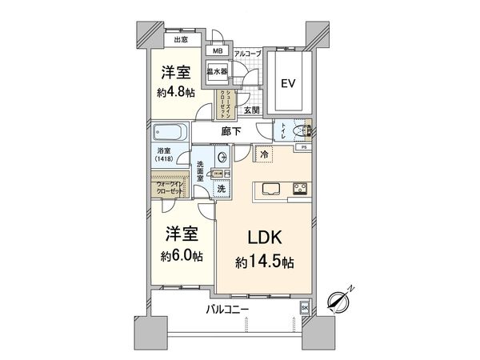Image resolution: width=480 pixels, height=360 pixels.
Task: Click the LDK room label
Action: coord(263,238)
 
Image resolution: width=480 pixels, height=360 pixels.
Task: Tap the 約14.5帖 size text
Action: coord(263,262)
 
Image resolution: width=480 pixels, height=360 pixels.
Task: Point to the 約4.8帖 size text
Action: coord(176,92)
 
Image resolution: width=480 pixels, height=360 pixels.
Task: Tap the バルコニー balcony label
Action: coord(228,308)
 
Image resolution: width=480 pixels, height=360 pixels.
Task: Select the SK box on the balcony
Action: coord(305,306)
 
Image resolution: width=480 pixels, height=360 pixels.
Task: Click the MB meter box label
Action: coord(216,52)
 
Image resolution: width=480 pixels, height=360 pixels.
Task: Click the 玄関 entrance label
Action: coord(251,110)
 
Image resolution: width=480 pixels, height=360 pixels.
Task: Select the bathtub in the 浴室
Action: coord(168,132)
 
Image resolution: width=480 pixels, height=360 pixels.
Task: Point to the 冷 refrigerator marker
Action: coord(263,151)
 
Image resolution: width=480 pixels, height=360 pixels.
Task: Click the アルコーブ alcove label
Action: coord(247,53)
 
